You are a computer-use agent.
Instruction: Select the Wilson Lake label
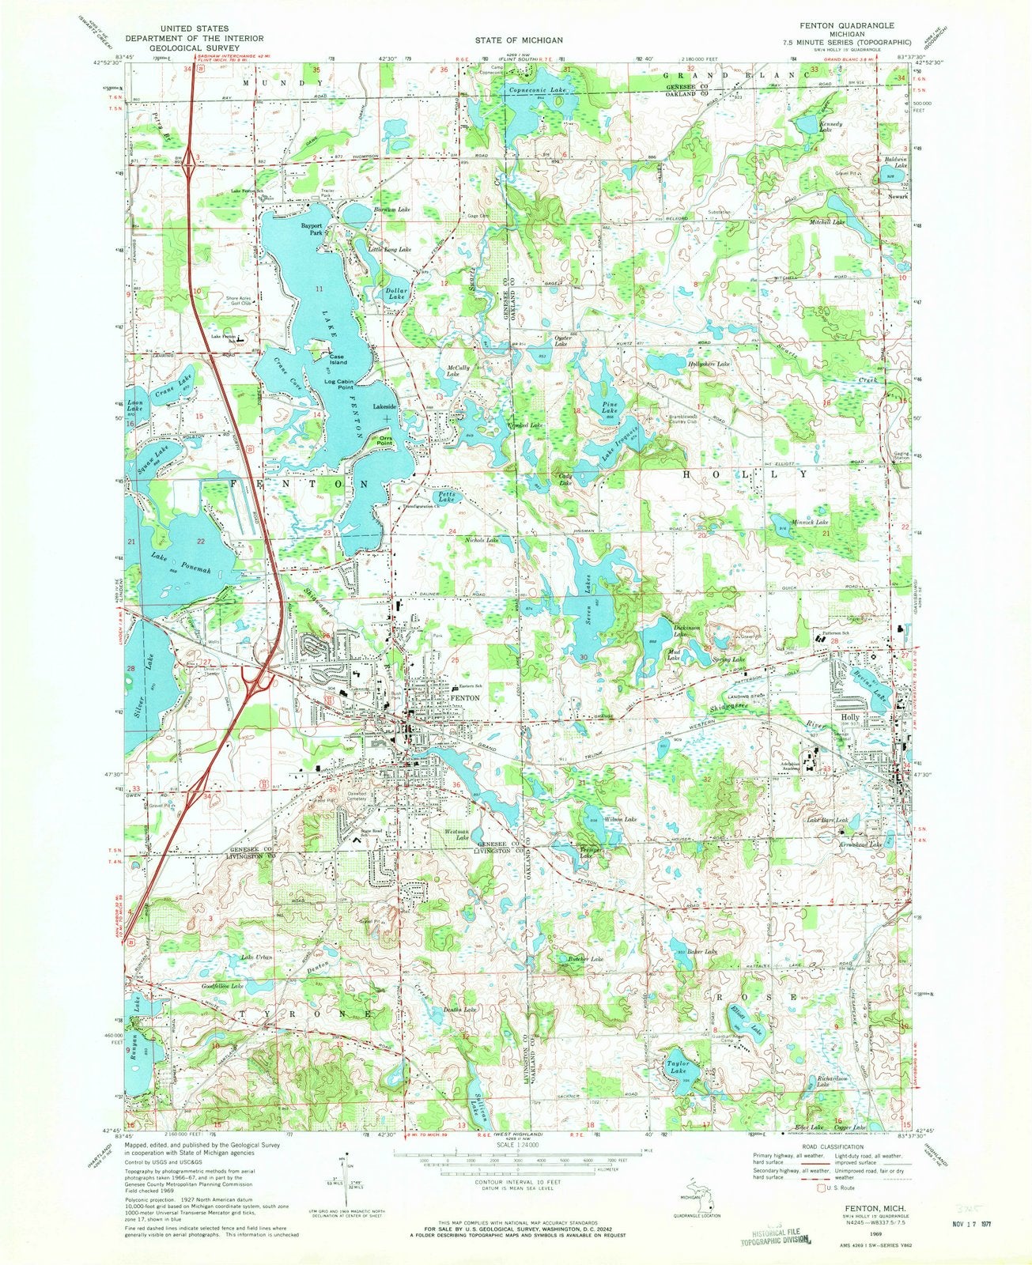(x=620, y=819)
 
